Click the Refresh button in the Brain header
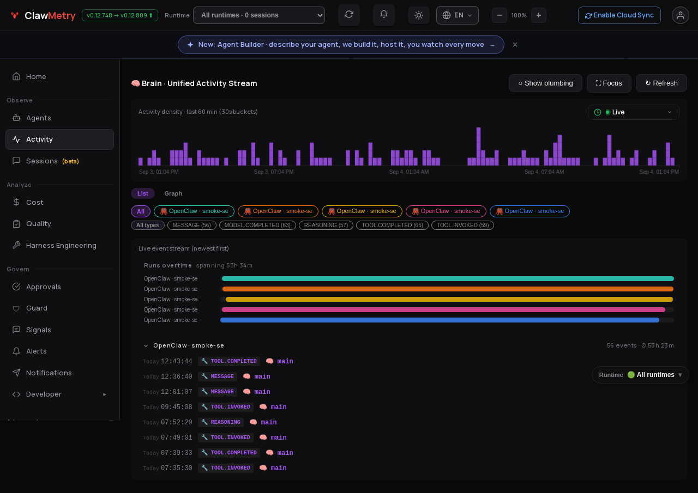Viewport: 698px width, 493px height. click(661, 83)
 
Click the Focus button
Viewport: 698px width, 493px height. click(609, 83)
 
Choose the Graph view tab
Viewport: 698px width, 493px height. click(173, 193)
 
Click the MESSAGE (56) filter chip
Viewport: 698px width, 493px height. click(191, 225)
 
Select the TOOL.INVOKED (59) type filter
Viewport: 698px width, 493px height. click(462, 225)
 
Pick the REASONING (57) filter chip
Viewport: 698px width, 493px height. click(326, 225)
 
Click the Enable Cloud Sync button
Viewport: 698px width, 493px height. click(619, 15)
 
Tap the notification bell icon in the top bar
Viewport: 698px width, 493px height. click(383, 15)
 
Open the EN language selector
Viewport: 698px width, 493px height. click(457, 15)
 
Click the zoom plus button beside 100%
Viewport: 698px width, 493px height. click(538, 15)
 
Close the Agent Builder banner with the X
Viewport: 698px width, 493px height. click(515, 45)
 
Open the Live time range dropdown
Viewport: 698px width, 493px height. click(633, 112)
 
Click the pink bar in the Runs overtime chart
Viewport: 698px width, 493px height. click(443, 309)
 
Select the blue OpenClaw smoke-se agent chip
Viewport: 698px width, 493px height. click(529, 211)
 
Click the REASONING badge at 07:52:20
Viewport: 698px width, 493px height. click(221, 422)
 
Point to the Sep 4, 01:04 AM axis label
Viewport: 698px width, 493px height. click(409, 172)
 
